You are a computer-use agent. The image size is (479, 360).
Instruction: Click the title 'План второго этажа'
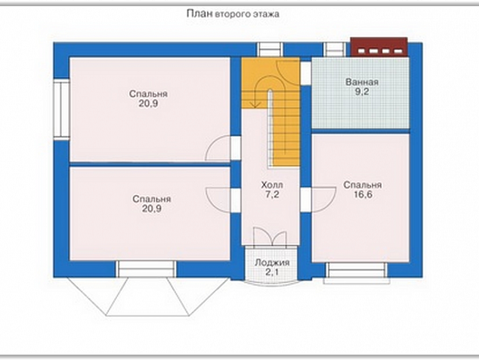(233, 14)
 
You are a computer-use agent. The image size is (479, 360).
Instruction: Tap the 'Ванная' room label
(362, 82)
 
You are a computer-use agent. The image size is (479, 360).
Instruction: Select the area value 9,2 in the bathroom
(362, 92)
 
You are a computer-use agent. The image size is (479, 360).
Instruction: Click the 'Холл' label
(272, 185)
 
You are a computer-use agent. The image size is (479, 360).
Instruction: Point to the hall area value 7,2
(272, 194)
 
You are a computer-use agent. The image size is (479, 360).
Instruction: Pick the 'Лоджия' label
(272, 262)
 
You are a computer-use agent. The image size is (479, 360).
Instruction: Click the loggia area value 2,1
(272, 272)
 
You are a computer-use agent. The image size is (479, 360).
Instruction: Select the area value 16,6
(363, 194)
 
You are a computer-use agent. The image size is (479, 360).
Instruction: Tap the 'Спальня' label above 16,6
(363, 185)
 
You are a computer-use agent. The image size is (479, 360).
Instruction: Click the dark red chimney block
(379, 47)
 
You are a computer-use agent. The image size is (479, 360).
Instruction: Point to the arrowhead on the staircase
(255, 104)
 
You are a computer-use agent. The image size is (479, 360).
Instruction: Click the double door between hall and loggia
(270, 236)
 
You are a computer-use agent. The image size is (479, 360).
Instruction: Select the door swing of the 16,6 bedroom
(324, 200)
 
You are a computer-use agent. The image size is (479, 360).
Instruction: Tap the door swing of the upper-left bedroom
(218, 147)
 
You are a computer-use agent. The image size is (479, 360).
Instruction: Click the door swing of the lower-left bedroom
(218, 200)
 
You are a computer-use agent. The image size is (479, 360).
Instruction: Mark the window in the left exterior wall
(62, 110)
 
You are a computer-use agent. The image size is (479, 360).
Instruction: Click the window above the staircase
(270, 50)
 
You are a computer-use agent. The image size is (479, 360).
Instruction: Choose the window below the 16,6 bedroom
(357, 272)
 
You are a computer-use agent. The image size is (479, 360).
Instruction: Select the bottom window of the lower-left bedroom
(146, 268)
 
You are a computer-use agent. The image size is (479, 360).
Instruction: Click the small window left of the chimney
(335, 50)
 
